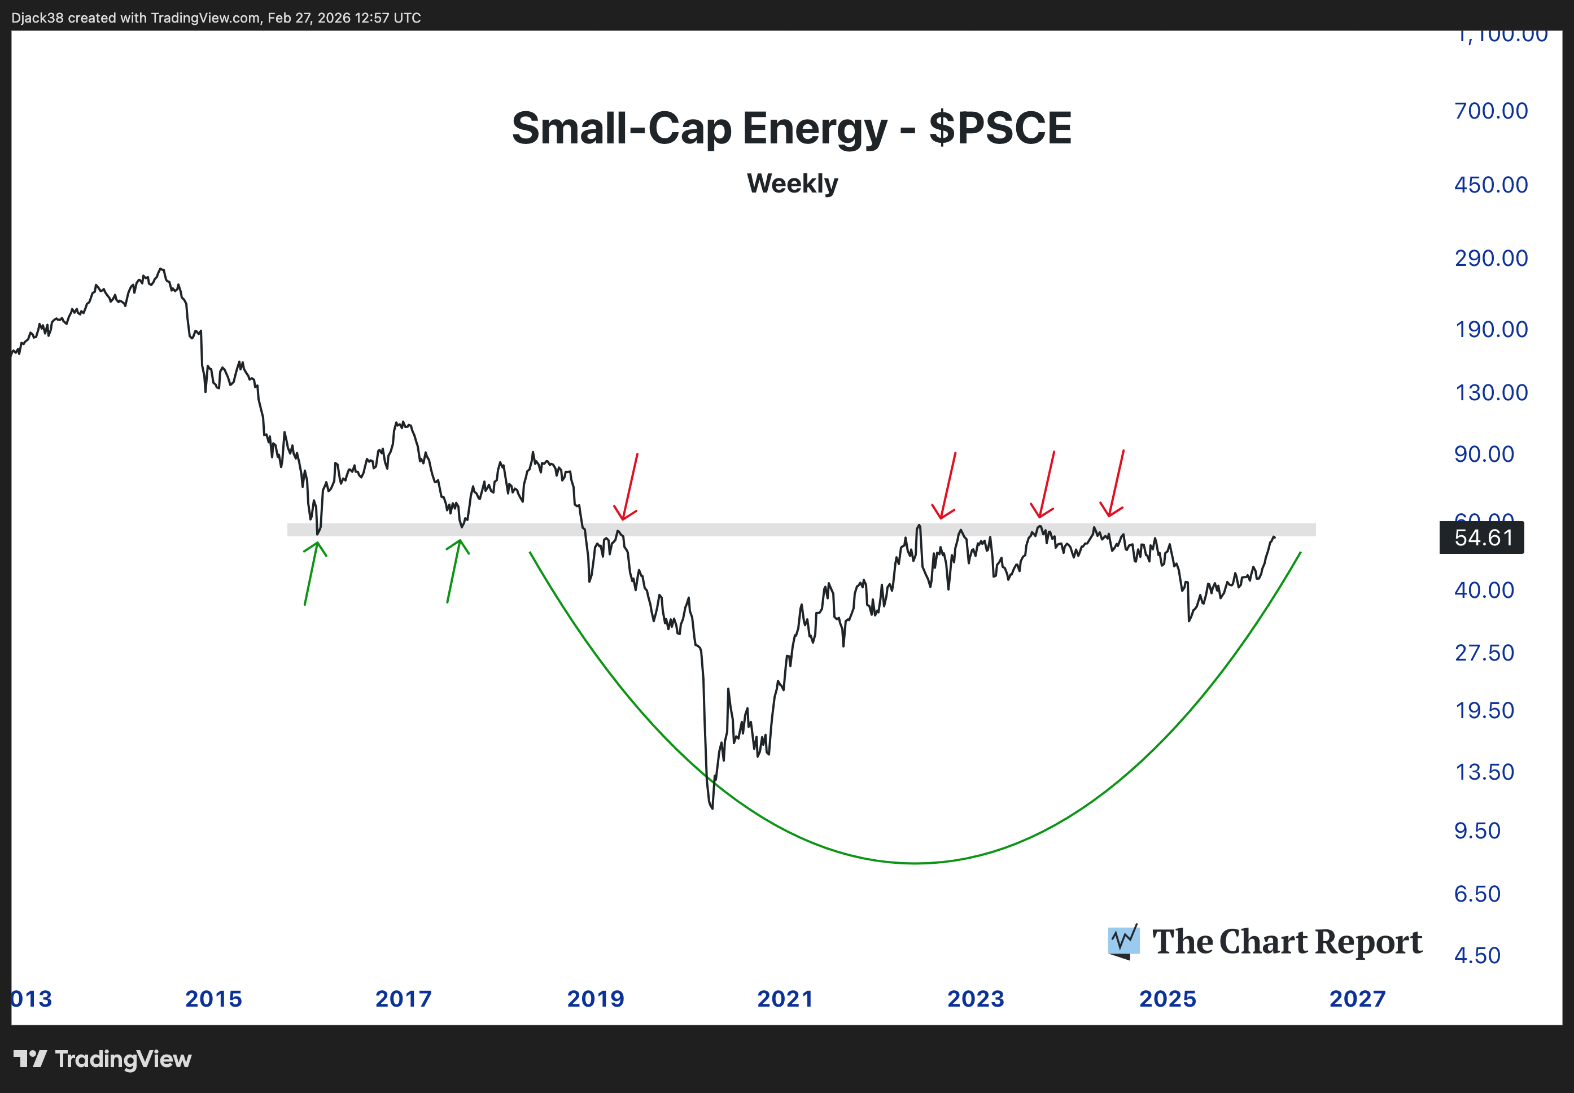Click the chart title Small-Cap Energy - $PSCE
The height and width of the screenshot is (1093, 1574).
coord(792,128)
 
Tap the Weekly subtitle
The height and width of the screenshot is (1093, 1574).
coord(792,183)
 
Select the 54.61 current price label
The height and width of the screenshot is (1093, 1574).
coord(1482,537)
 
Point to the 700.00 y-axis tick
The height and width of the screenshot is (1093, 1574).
coord(1490,111)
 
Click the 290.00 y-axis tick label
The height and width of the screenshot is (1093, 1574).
coord(1490,258)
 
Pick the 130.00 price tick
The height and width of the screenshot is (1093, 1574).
coord(1490,392)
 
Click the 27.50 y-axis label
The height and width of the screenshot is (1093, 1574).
coord(1484,653)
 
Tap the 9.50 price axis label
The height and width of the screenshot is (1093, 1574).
coord(1477,830)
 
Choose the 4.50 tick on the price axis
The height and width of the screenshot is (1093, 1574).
coord(1477,955)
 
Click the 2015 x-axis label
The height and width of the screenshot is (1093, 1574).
coord(213,999)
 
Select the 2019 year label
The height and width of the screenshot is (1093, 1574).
coord(596,999)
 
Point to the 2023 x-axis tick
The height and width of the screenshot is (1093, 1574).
coord(976,999)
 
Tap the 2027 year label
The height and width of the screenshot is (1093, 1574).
coord(1357,999)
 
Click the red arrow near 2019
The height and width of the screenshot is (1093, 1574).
coord(628,487)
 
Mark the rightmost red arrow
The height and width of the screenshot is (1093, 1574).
coord(1114,483)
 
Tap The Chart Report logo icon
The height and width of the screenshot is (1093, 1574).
coord(1123,942)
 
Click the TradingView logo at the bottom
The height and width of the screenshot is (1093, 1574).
coord(103,1060)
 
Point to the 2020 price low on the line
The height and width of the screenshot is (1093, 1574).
coord(711,808)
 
